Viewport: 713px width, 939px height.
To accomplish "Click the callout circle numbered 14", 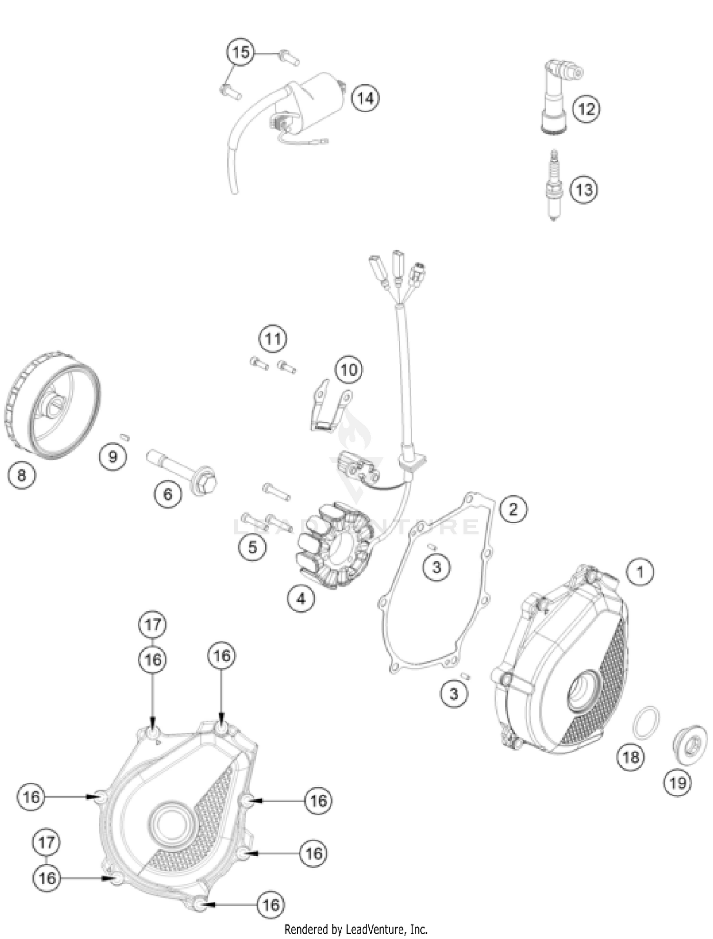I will [x=365, y=98].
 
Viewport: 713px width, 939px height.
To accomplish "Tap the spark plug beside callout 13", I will [x=553, y=188].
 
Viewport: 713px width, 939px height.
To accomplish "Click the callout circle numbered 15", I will [x=241, y=52].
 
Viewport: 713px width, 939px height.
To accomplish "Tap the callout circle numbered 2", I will [x=513, y=509].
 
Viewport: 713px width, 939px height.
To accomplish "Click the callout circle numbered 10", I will [x=349, y=370].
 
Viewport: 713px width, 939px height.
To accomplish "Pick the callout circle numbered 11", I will [x=273, y=339].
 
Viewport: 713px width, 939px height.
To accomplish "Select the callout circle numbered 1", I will [x=640, y=571].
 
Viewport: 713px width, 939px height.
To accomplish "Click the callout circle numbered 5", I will [x=252, y=547].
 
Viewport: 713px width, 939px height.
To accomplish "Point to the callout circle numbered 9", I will [x=113, y=457].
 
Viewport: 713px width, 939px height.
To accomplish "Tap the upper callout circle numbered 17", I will [x=153, y=625].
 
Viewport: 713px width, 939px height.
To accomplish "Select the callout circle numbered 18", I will [x=631, y=757].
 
